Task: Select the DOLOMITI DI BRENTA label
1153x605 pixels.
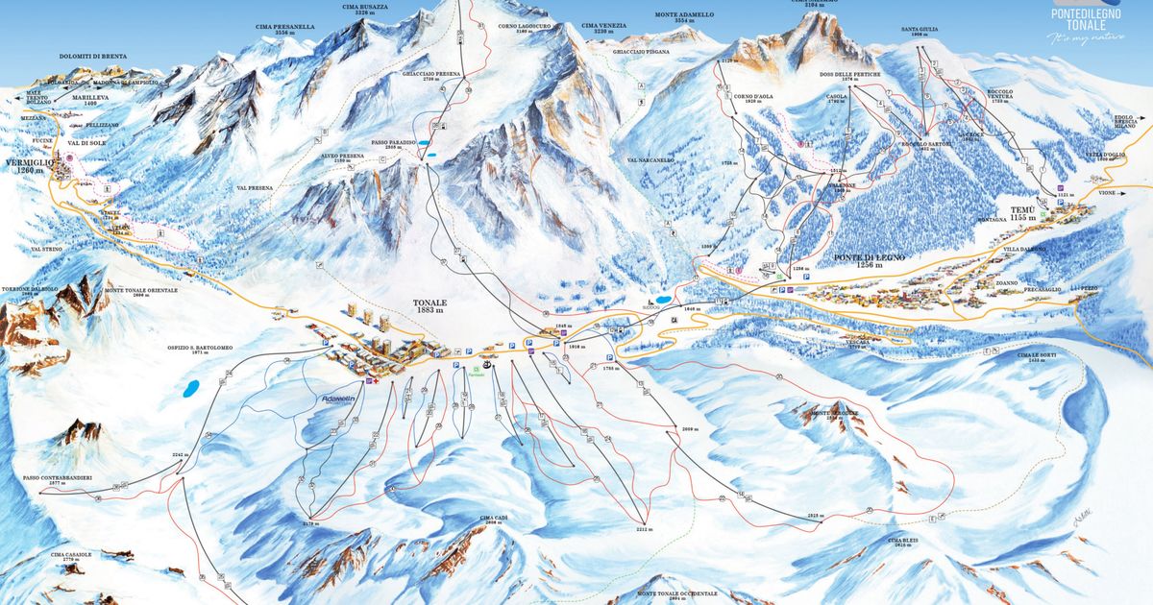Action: click(x=91, y=58)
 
